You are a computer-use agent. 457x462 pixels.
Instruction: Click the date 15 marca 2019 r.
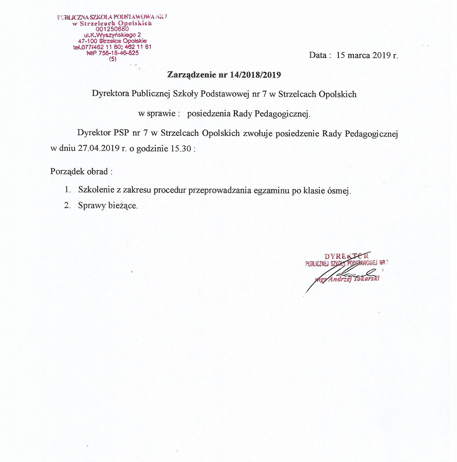367,55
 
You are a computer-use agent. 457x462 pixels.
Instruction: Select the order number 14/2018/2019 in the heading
255,75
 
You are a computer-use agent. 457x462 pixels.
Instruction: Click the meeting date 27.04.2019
99,148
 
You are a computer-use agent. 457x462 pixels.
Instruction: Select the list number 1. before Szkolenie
67,190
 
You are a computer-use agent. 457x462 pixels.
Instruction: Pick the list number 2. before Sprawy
67,205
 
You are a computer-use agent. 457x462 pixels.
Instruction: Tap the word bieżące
123,206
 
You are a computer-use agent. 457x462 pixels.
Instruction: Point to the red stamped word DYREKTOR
347,256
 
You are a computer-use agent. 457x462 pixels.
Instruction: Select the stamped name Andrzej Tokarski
354,279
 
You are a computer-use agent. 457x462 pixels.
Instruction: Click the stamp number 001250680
112,29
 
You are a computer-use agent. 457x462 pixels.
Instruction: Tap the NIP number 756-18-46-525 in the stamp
119,53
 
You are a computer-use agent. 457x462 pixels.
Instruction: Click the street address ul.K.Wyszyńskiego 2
112,35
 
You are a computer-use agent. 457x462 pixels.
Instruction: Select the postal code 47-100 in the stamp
88,41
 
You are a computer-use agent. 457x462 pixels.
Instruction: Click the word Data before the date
318,55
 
